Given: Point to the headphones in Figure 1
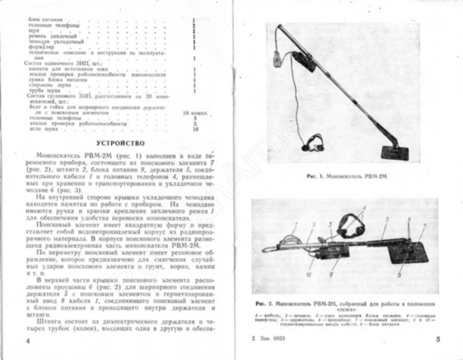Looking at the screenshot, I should tap(315, 141).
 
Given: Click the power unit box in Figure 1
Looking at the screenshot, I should tap(304, 60).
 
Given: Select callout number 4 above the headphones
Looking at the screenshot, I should tap(364, 207).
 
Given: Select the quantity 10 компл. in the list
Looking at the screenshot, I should tap(190, 111).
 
